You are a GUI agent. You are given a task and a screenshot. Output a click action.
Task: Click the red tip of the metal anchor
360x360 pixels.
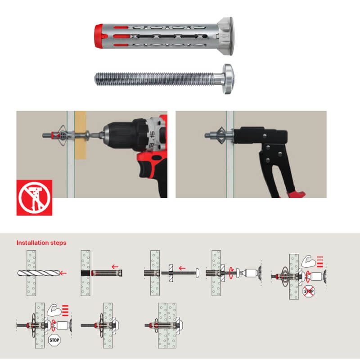[98, 36]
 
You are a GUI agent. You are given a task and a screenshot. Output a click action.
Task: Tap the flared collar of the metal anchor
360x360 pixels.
[225, 36]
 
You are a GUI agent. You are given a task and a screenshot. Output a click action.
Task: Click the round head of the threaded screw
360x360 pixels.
[228, 79]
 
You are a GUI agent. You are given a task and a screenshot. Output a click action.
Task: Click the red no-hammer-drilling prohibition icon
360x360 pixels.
[35, 198]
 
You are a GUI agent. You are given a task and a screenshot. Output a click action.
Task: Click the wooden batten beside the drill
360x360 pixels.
[81, 135]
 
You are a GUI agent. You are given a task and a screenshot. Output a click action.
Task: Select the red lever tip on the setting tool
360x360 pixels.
[297, 194]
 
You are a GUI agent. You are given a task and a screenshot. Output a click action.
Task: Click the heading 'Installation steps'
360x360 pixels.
[41, 243]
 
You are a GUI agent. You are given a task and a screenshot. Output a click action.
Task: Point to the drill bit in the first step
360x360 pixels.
[38, 273]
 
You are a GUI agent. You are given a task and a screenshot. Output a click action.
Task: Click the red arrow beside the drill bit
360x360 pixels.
[63, 273]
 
